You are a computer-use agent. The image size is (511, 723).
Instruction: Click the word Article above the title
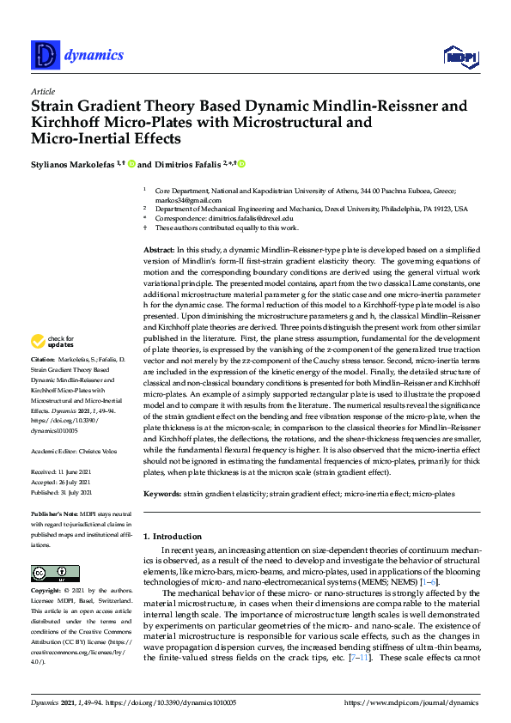point(42,91)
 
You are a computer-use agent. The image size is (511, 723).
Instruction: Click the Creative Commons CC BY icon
point(49,573)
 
